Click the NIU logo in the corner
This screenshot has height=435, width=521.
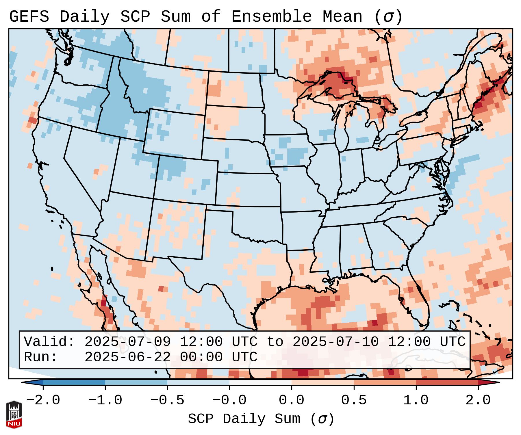click(x=14, y=414)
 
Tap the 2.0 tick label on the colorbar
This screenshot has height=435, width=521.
click(x=478, y=400)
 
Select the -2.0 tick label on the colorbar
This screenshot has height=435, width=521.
click(x=43, y=400)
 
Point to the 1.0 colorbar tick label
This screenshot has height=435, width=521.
click(x=416, y=400)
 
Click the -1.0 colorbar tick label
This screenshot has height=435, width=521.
click(x=105, y=400)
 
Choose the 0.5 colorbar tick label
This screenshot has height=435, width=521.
click(x=354, y=400)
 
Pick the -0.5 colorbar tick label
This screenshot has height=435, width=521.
click(x=167, y=400)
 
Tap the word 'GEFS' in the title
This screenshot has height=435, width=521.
click(x=29, y=17)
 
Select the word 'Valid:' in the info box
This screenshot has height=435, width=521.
click(x=49, y=342)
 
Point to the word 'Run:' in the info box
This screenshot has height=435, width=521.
click(x=40, y=357)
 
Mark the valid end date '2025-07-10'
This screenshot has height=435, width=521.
click(x=335, y=342)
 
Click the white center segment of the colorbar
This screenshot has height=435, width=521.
click(x=260, y=382)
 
